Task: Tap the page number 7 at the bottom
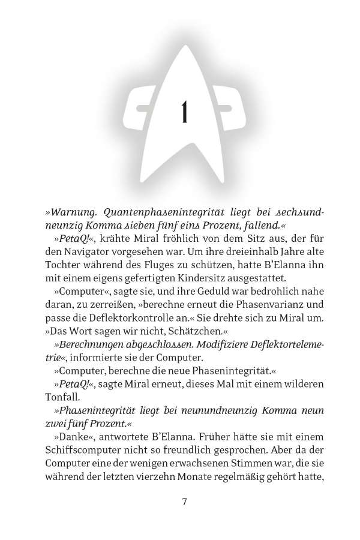click(184, 501)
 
